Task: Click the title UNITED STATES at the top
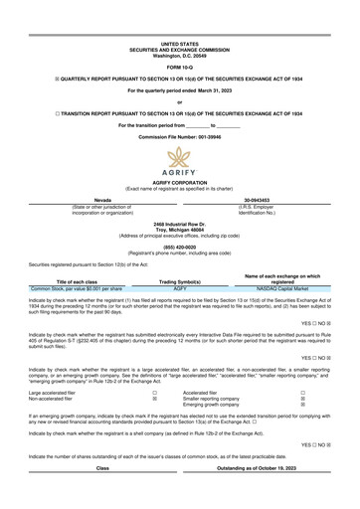(180, 18)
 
